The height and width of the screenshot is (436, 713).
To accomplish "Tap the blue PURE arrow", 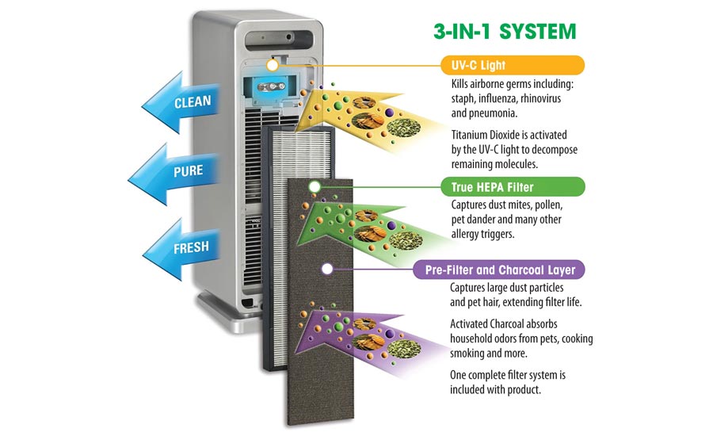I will click(184, 170).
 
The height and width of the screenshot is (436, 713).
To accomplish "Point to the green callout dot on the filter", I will click(314, 187).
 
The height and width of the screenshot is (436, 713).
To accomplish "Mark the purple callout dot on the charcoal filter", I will click(326, 270).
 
